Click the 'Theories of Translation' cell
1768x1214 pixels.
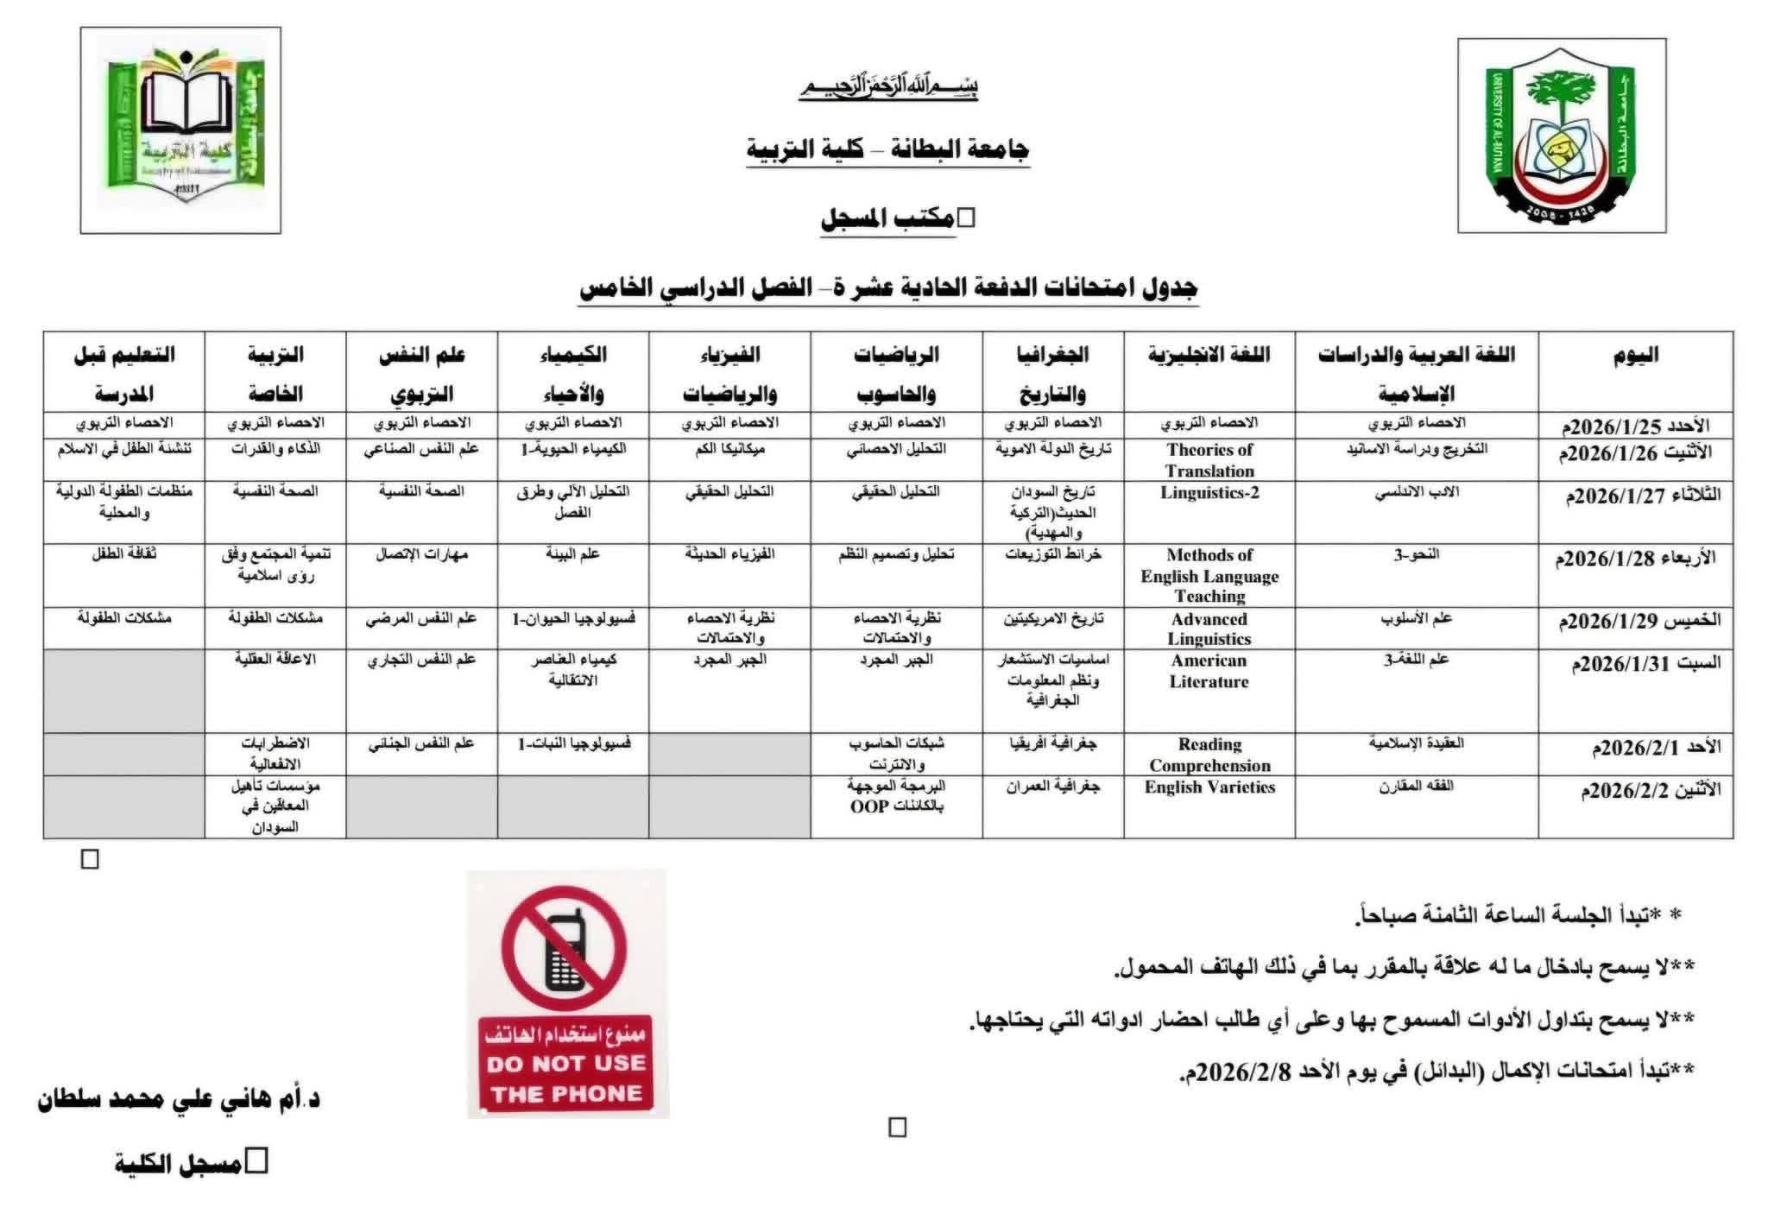point(1209,460)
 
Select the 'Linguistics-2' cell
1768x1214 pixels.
point(1209,493)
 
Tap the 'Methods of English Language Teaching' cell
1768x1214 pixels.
point(1209,575)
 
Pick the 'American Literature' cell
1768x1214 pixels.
point(1209,671)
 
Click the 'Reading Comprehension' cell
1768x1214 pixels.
point(1209,755)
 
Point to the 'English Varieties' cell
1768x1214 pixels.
point(1209,787)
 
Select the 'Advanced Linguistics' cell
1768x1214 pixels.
point(1209,629)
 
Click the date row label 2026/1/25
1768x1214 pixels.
point(1640,426)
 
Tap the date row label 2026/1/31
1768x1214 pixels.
point(1645,663)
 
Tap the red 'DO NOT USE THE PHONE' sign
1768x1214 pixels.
point(567,1065)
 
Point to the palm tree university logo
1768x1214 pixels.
point(1561,136)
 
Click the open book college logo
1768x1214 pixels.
point(180,130)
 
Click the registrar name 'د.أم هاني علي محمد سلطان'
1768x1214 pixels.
point(179,1100)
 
